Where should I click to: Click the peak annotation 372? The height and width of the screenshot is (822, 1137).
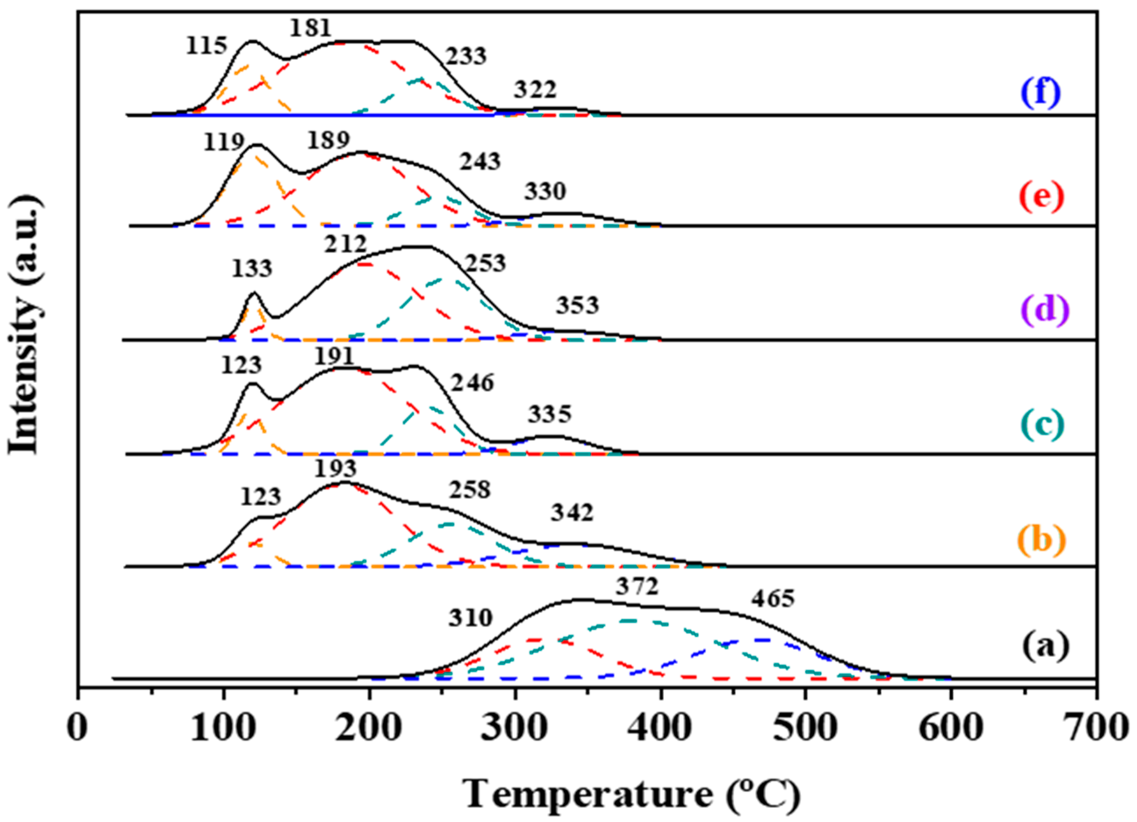coord(636,586)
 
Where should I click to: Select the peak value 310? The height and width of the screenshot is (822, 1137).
coord(470,618)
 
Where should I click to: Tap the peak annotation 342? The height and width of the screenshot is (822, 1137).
coord(572,513)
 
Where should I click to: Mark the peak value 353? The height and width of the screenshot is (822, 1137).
coord(577,306)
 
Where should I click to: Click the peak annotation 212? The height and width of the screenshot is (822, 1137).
coord(345,245)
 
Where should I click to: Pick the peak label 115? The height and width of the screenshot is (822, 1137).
coord(206,47)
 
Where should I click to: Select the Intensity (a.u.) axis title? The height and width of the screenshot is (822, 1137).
coord(24,326)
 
